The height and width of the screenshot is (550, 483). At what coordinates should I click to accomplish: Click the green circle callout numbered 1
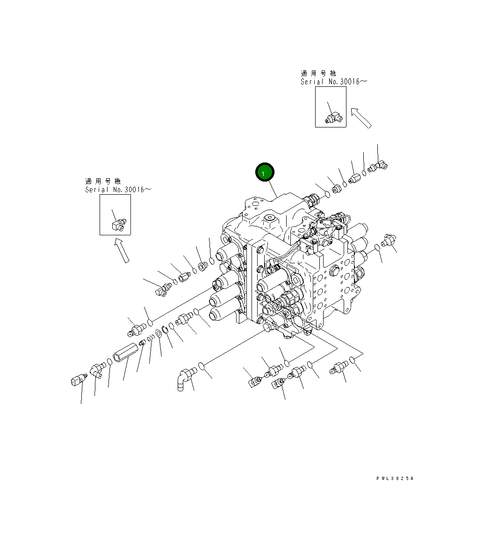[x=264, y=173]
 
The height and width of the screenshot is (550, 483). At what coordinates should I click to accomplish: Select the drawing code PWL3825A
[x=395, y=479]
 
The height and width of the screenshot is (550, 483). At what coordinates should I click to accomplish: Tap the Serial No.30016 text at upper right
[x=333, y=82]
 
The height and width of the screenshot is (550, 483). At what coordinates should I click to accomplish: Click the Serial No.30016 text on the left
[x=118, y=190]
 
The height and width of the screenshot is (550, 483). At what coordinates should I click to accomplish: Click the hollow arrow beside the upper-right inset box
[x=361, y=118]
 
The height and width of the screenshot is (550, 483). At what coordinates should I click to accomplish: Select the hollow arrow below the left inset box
[x=121, y=250]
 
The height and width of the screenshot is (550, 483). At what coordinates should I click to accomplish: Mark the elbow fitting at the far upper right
[x=377, y=166]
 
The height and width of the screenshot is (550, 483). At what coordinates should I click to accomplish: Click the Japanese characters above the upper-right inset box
[x=318, y=73]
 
